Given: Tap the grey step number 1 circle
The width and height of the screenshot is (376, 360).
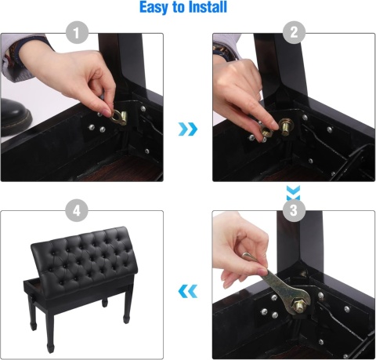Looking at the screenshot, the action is pyautogui.click(x=77, y=33).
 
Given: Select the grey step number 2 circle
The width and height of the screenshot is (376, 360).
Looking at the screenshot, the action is pyautogui.click(x=294, y=32).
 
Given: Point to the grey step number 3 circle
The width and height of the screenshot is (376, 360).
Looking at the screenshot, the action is pyautogui.click(x=294, y=211).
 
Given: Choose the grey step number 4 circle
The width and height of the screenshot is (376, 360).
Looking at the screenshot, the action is pyautogui.click(x=77, y=211).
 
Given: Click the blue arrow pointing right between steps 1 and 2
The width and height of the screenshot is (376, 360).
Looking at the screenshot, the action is pyautogui.click(x=188, y=129).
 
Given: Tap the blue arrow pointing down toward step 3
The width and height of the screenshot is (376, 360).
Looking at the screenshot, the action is pyautogui.click(x=294, y=192).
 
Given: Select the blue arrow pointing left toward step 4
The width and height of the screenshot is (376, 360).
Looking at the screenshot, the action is pyautogui.click(x=188, y=291).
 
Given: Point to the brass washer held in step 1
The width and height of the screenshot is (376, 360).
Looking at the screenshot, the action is pyautogui.click(x=117, y=117).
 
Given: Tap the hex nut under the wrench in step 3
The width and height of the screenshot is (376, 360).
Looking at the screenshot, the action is pyautogui.click(x=299, y=304).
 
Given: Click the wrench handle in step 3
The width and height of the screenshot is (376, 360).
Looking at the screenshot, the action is pyautogui.click(x=272, y=281).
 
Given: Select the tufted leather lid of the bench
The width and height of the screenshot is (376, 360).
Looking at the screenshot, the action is pyautogui.click(x=83, y=257).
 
